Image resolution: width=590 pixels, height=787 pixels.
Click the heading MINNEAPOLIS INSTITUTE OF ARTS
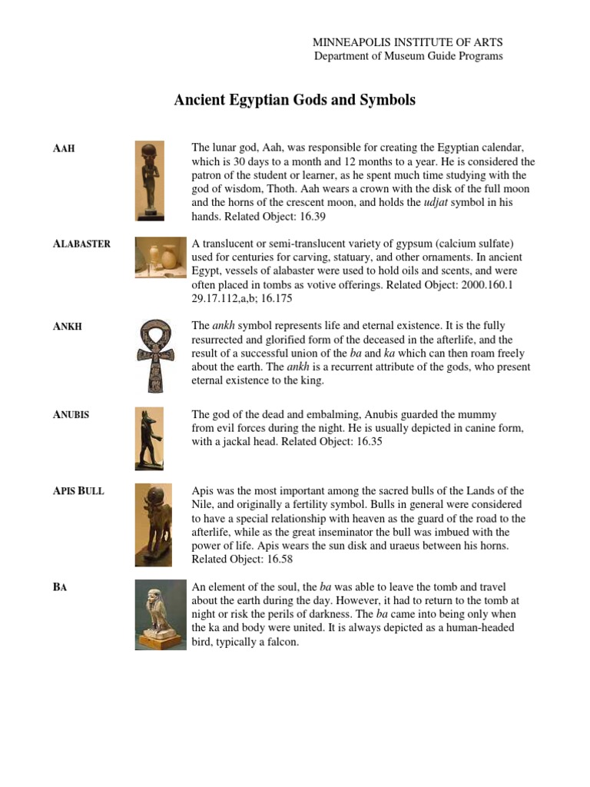[x=408, y=42]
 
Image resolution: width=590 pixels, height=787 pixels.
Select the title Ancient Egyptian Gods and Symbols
[x=295, y=101]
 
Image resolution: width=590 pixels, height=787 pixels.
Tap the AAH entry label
[x=64, y=148]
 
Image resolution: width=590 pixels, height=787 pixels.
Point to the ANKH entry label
[x=68, y=327]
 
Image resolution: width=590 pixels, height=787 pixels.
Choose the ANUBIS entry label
[x=71, y=414]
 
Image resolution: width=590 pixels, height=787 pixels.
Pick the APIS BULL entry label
[x=78, y=490]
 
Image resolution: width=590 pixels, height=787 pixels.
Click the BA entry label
[x=61, y=588]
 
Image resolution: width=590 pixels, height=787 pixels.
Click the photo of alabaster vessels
[x=160, y=257]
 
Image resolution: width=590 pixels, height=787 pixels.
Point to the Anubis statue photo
[x=149, y=438]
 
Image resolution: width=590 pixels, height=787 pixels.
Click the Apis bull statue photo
[x=154, y=520]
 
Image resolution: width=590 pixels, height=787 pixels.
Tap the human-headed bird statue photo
[x=160, y=614]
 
